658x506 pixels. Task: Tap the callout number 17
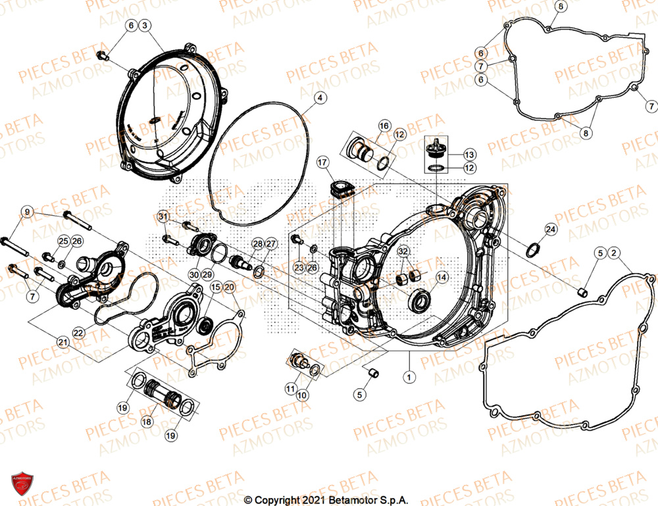[x=322, y=162]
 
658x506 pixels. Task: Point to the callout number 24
[x=550, y=229]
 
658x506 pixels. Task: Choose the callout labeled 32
[x=403, y=251]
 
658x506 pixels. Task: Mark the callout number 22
[x=78, y=333]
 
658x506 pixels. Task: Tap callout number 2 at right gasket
[x=613, y=253]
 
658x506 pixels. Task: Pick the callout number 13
[x=468, y=155]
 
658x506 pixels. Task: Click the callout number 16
[x=384, y=125]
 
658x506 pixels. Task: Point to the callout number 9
[x=27, y=212]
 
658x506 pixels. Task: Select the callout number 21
[x=63, y=342]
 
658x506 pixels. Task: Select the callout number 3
[x=145, y=26]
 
